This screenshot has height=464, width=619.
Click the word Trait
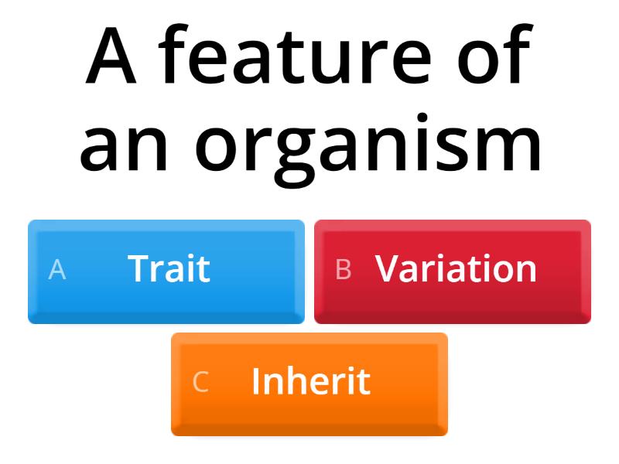click(169, 269)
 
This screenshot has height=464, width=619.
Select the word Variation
click(456, 269)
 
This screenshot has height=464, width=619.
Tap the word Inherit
click(310, 382)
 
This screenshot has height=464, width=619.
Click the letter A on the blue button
click(57, 270)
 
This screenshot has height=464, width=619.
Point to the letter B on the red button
click(344, 270)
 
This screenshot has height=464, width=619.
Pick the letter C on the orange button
click(200, 383)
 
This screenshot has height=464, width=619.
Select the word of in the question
click(496, 58)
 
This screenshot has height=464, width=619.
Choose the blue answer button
click(166, 271)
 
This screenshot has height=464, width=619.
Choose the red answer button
click(453, 271)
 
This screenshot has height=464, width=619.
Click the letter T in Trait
click(139, 269)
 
